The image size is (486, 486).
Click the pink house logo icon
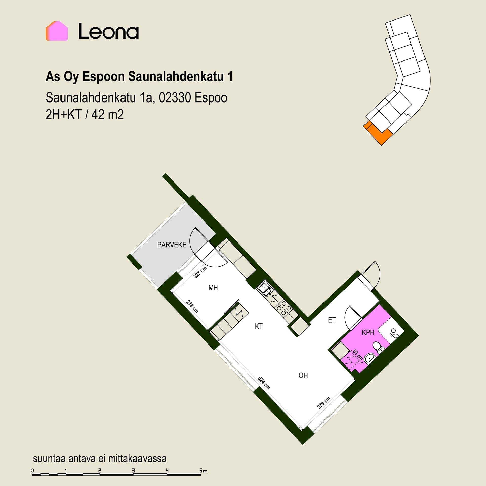(x=57, y=31)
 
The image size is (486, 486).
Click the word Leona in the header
(x=109, y=31)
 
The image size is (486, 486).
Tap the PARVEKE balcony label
(x=172, y=245)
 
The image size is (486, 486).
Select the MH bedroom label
(x=213, y=288)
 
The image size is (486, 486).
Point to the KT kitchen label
(x=259, y=327)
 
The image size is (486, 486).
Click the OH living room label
(x=303, y=375)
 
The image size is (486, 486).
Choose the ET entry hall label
(x=332, y=320)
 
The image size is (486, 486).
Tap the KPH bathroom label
(x=368, y=332)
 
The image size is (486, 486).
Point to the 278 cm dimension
(x=192, y=307)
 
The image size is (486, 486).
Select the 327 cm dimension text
(x=200, y=272)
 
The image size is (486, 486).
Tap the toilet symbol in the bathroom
(x=378, y=347)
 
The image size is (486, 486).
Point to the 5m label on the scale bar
(x=203, y=471)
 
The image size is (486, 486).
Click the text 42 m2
(x=108, y=115)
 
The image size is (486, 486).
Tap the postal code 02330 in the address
(x=175, y=98)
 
